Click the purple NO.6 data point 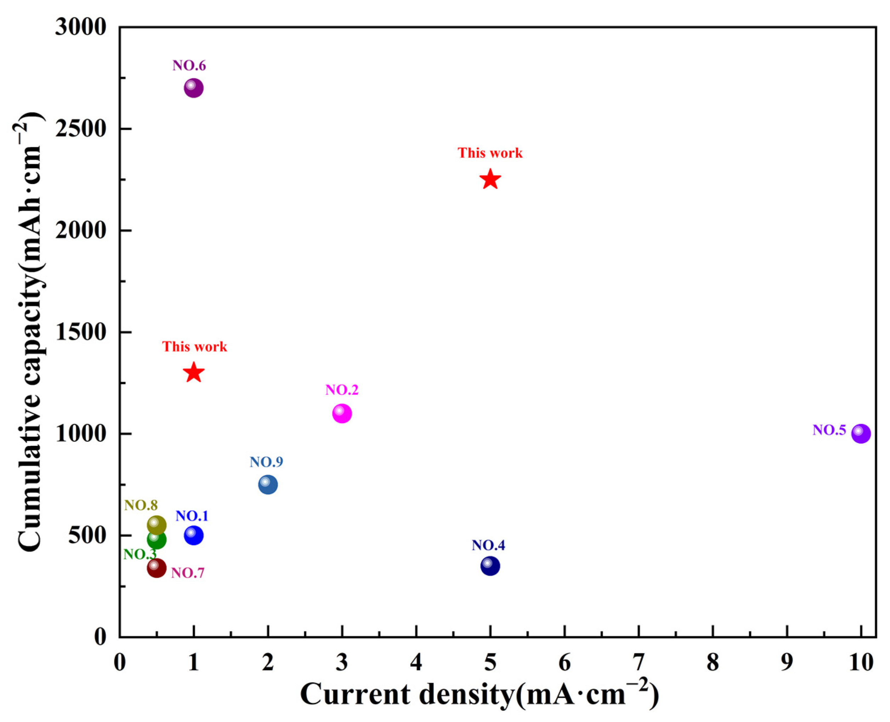click(194, 88)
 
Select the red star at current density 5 click(490, 180)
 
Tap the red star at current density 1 click(194, 373)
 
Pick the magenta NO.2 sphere click(342, 413)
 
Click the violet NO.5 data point click(861, 434)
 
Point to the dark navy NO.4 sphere click(490, 566)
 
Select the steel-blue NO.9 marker click(268, 485)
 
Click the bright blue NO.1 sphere click(194, 535)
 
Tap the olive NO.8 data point click(157, 525)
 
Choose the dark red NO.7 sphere click(157, 568)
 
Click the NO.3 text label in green click(140, 554)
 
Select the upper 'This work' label click(490, 153)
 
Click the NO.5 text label click(829, 430)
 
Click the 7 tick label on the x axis click(639, 662)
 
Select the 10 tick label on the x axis click(861, 662)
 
